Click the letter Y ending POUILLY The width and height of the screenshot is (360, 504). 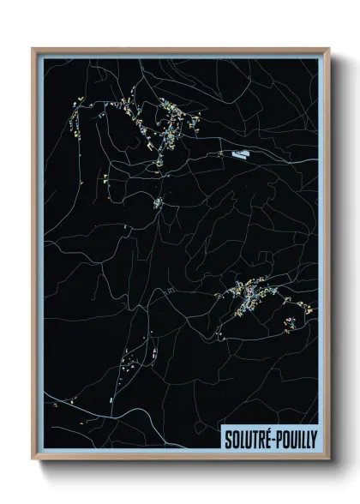(x=312, y=439)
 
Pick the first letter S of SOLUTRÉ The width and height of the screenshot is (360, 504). (x=228, y=439)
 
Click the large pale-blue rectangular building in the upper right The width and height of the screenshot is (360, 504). (x=240, y=154)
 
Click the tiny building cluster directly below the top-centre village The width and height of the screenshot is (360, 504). (x=158, y=203)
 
